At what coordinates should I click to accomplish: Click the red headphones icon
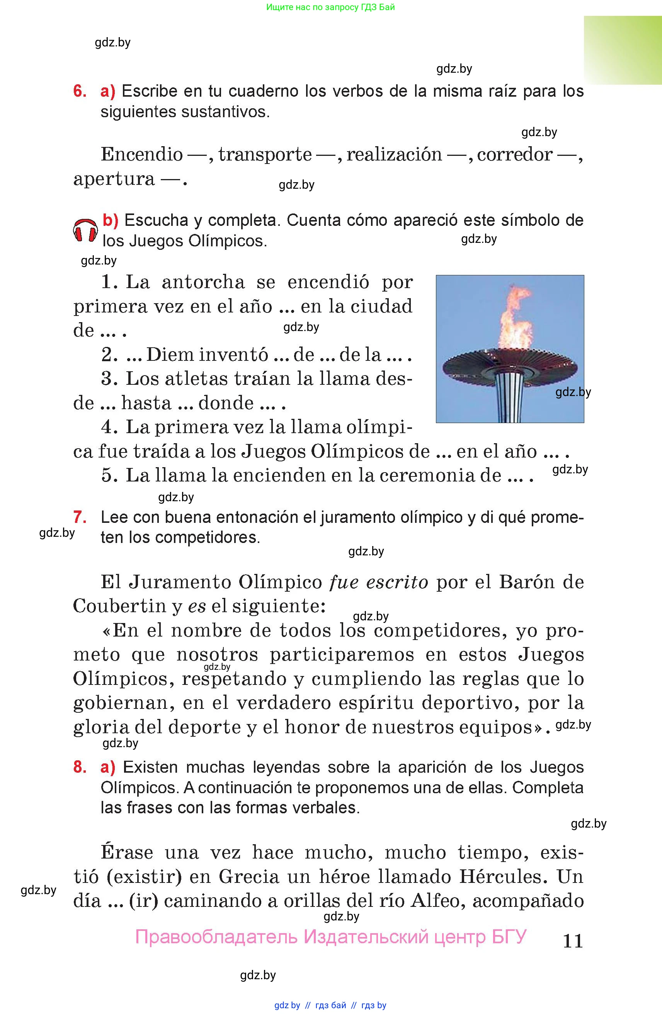85,230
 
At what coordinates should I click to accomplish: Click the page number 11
573,940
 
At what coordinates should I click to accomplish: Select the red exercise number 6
80,91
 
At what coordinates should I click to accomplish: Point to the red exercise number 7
80,517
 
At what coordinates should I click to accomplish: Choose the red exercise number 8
80,767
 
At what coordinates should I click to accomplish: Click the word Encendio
142,154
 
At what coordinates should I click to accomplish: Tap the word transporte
265,154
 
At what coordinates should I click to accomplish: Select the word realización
394,154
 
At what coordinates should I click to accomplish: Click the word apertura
114,179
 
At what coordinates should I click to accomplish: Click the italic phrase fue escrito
378,582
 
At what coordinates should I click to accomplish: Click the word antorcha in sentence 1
203,282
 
